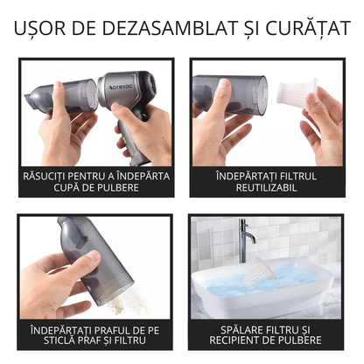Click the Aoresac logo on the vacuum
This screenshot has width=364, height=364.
click(x=120, y=87)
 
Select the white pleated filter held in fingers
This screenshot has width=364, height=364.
click(x=297, y=93)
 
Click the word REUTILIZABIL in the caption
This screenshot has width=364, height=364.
click(x=266, y=187)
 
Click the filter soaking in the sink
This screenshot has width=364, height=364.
click(x=259, y=269)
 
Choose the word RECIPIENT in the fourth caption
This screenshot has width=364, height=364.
click(x=234, y=340)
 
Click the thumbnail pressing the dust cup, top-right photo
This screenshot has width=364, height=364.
click(x=225, y=83)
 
